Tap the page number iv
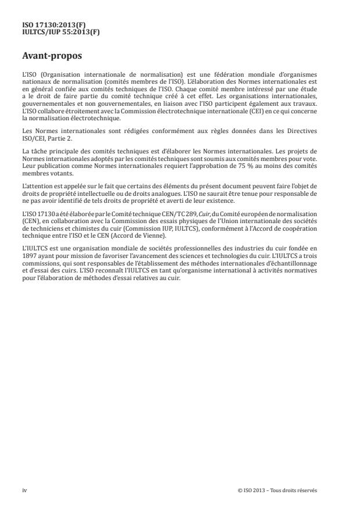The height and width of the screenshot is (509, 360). point(24,490)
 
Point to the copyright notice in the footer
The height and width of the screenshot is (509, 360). point(278,490)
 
